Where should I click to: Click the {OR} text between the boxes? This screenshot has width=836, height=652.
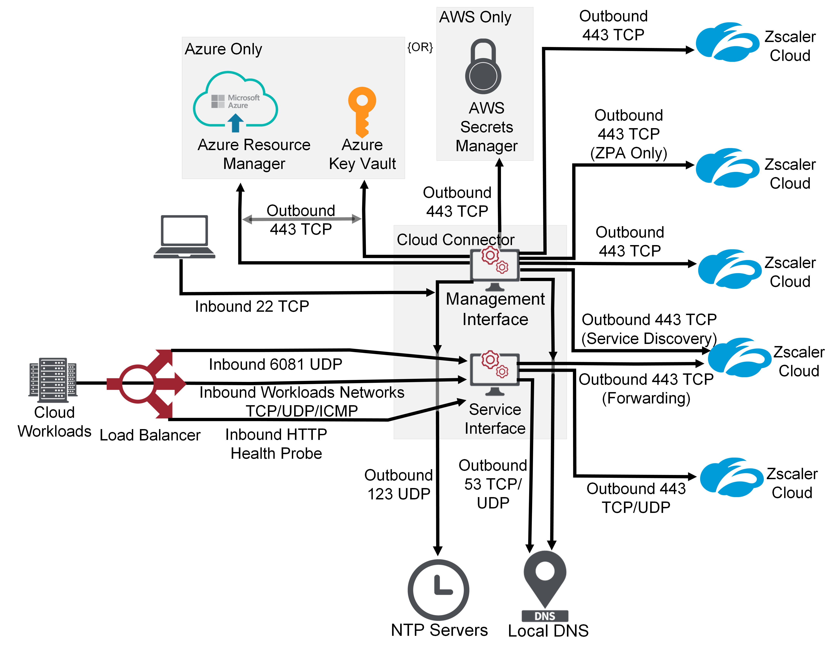[x=420, y=47]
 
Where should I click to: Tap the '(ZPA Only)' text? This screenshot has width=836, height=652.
[x=629, y=153]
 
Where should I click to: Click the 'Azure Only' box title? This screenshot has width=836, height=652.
[x=223, y=49]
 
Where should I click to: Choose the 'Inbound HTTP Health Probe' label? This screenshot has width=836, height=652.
[x=276, y=444]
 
